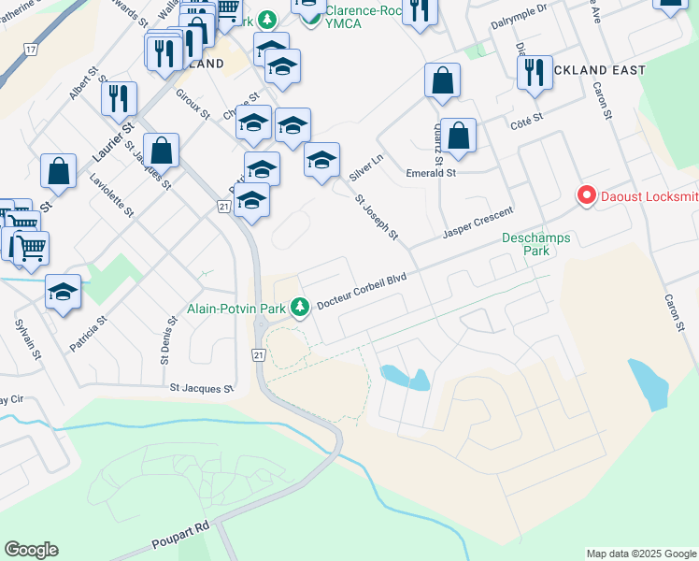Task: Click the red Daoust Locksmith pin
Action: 586,196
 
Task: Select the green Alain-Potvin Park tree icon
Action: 300,306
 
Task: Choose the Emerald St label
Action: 430,173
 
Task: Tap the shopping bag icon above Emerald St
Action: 459,137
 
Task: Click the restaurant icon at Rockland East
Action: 534,74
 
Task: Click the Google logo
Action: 31,550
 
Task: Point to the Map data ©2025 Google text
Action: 641,554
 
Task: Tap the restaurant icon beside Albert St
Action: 120,99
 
